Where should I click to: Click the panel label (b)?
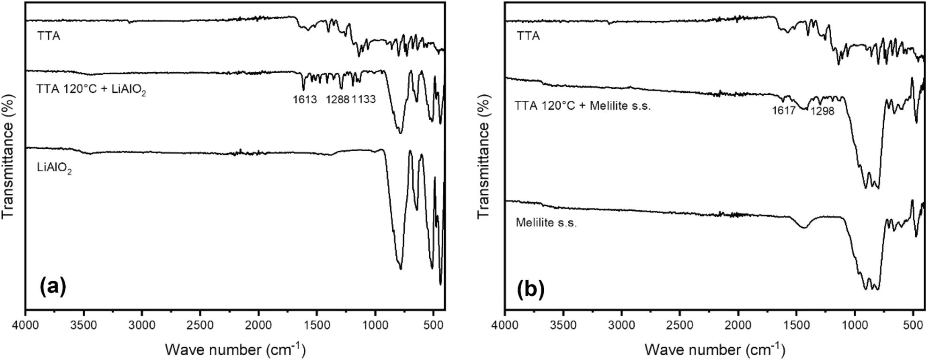pos(531,290)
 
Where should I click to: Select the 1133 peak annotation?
pos(363,100)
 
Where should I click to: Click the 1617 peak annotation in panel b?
pos(783,111)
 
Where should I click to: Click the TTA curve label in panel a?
pos(49,36)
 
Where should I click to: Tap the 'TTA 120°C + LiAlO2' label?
pos(92,92)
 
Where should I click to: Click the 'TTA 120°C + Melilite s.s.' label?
pos(583,106)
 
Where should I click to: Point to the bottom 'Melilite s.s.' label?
pos(546,222)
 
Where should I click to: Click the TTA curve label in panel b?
pos(528,36)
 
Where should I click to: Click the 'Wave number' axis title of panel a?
pos(235,349)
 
